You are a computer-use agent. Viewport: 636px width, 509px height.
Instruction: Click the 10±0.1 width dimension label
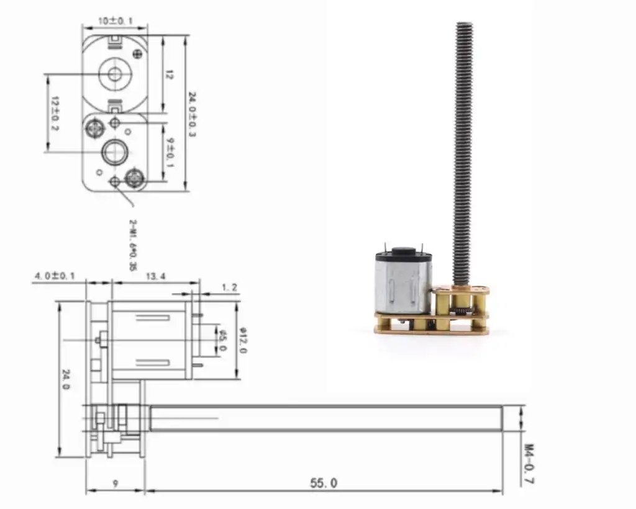[x=115, y=20]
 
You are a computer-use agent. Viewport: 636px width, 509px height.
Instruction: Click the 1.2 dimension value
[x=229, y=287]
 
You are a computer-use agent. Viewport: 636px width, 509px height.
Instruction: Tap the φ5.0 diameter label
[x=222, y=340]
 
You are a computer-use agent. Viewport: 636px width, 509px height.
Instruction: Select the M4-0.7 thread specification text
[x=529, y=463]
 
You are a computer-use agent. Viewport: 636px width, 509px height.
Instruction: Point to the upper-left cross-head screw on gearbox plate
[x=95, y=128]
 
